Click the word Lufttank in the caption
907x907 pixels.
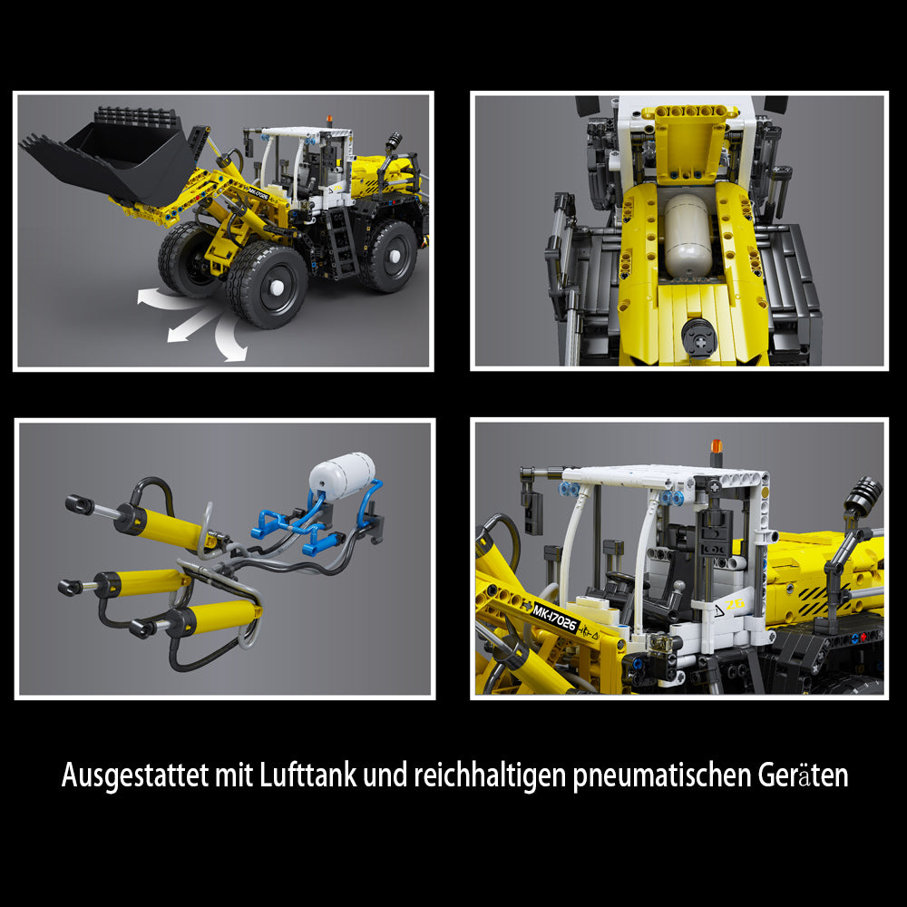point(307,775)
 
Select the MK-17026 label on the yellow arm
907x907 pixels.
point(555,617)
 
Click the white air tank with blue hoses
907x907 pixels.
point(342,475)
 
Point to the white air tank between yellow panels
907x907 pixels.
point(688,236)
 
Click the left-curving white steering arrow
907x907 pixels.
point(168,298)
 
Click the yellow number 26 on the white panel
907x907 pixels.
point(735,604)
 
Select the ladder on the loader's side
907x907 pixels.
point(341,243)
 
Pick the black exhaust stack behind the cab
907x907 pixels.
point(862,493)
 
